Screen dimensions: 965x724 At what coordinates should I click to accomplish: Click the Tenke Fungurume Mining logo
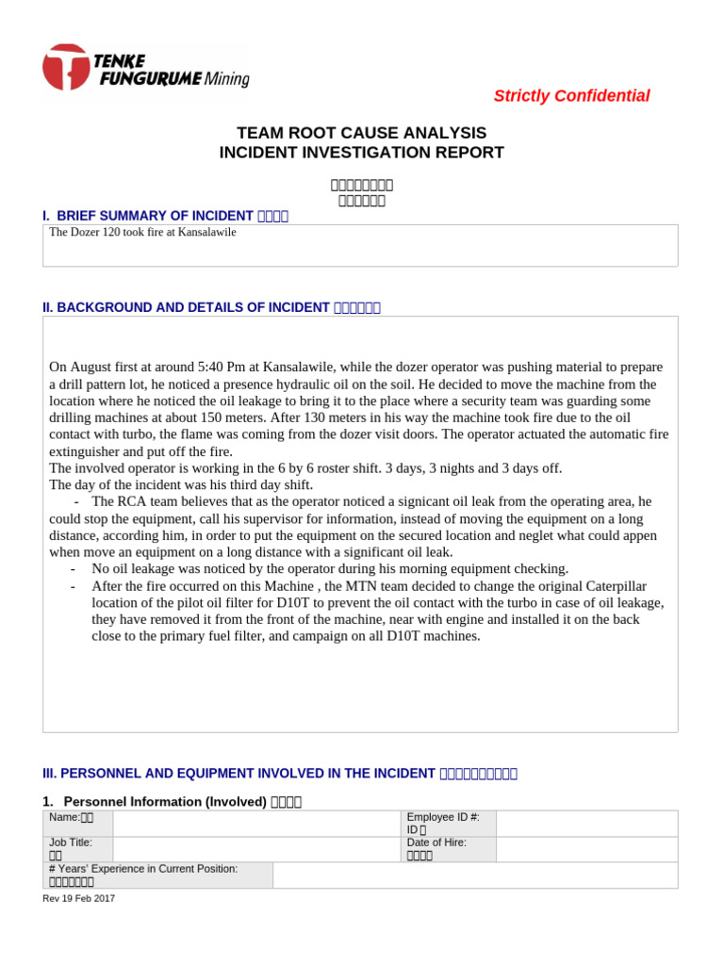click(145, 69)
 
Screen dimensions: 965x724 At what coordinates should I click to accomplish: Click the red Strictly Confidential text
click(571, 96)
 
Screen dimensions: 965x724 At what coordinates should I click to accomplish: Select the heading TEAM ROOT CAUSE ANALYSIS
click(361, 133)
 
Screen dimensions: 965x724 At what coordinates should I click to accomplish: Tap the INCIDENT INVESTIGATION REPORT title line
click(361, 153)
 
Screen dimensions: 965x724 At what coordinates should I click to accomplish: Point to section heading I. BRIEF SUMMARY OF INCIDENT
click(149, 216)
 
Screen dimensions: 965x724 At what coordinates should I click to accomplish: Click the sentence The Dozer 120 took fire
click(142, 232)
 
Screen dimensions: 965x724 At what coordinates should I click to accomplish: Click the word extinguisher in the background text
click(85, 450)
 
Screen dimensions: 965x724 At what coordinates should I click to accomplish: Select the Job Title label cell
click(77, 849)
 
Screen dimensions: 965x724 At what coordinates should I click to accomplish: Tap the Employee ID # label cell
click(447, 823)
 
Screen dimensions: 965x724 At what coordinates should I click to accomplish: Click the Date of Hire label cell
click(447, 849)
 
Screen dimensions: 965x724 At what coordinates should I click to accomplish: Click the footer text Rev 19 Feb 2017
click(79, 898)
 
